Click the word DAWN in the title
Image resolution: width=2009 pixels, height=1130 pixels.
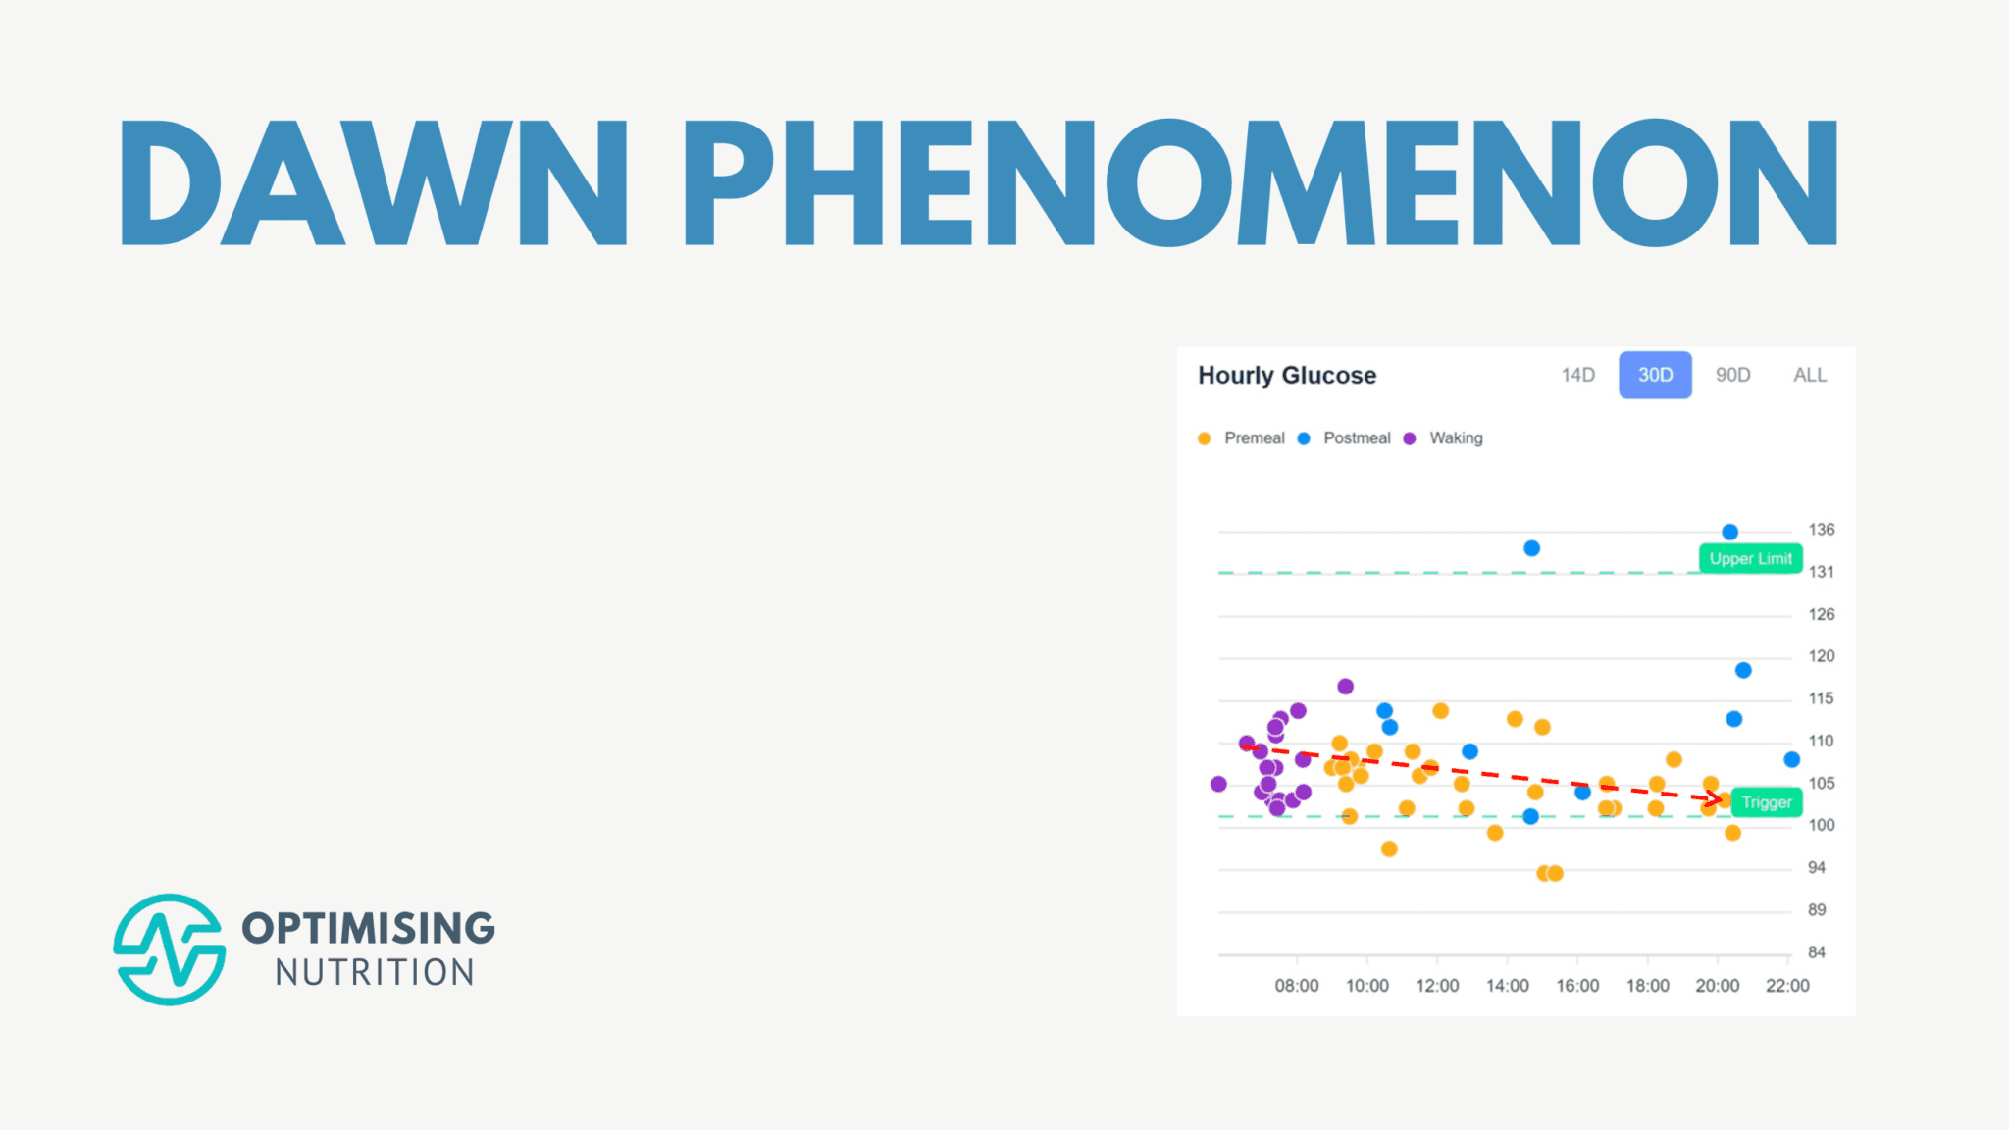click(373, 183)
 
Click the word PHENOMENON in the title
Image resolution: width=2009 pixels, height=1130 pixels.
click(1261, 183)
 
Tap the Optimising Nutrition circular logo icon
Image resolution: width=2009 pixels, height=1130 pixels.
click(170, 950)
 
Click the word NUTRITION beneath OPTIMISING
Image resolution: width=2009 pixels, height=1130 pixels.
click(375, 973)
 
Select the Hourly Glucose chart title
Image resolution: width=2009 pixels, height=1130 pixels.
click(1287, 376)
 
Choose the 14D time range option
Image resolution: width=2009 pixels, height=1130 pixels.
click(1577, 376)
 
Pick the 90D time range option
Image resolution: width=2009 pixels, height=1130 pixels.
click(1732, 376)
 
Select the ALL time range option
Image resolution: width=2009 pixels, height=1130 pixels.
click(1810, 376)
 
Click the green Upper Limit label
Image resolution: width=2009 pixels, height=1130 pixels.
click(1750, 559)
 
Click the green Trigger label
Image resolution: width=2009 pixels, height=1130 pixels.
click(1766, 802)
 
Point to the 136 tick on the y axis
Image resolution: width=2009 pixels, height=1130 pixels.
click(1821, 530)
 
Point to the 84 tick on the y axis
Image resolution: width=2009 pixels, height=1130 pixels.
click(1817, 952)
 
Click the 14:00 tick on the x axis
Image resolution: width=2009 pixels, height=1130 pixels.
click(1507, 986)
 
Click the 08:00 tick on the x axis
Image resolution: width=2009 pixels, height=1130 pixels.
click(1296, 986)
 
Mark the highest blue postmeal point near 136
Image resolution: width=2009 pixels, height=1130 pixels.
click(1730, 532)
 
